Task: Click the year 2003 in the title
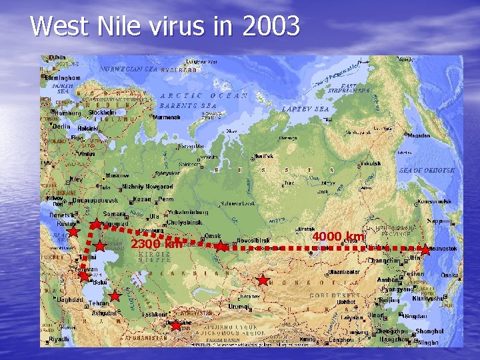(x=271, y=26)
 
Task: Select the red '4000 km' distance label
(x=339, y=237)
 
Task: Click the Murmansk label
(x=168, y=117)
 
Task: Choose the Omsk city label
(x=213, y=236)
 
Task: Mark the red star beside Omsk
(x=220, y=247)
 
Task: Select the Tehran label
(x=98, y=303)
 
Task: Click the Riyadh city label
(x=59, y=339)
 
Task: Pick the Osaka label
(x=449, y=275)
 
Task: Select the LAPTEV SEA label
(x=305, y=109)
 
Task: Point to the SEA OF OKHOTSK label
(x=427, y=171)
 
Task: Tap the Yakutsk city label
(x=370, y=163)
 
